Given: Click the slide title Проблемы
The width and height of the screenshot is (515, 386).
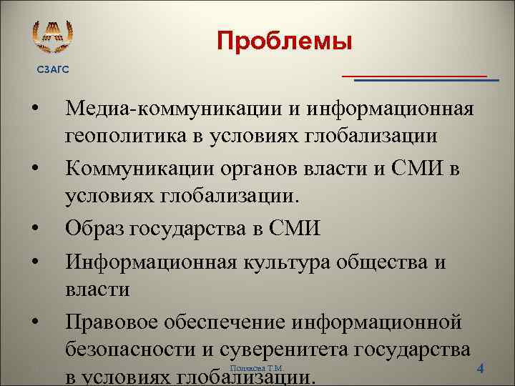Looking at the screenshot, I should [x=285, y=41].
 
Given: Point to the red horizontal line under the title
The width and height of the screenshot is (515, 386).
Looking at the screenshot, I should [x=415, y=74].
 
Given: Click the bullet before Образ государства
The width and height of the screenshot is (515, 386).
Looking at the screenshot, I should [x=34, y=229].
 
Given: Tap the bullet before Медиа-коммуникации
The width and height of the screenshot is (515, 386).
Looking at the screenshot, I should [x=34, y=111].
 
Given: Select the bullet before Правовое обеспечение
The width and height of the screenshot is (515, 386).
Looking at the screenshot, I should [x=34, y=324].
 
